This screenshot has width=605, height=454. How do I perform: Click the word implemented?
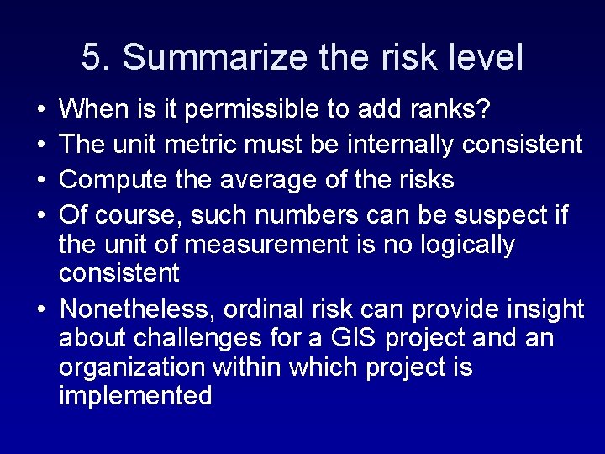click(x=135, y=396)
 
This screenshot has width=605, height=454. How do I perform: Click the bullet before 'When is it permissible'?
click(x=42, y=109)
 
